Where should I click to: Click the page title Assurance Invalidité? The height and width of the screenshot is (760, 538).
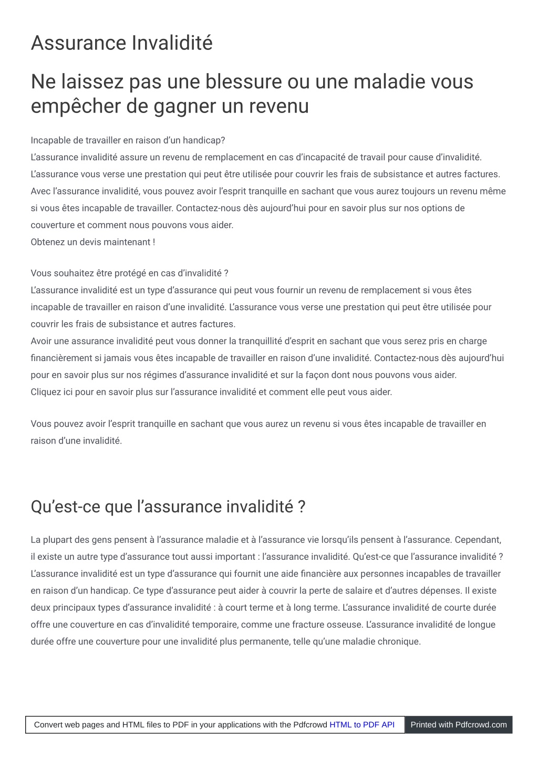121,43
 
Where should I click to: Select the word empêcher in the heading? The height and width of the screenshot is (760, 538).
76,107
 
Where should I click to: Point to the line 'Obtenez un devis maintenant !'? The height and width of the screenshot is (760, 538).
92,242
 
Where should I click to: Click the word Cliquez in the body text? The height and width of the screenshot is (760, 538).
46,392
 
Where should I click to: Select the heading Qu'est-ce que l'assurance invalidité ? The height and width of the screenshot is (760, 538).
168,507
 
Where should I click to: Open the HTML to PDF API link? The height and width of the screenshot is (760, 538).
361,725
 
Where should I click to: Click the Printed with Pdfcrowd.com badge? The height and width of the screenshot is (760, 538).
458,725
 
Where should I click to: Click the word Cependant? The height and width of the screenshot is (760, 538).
478,540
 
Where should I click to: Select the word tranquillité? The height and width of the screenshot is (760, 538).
260,341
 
